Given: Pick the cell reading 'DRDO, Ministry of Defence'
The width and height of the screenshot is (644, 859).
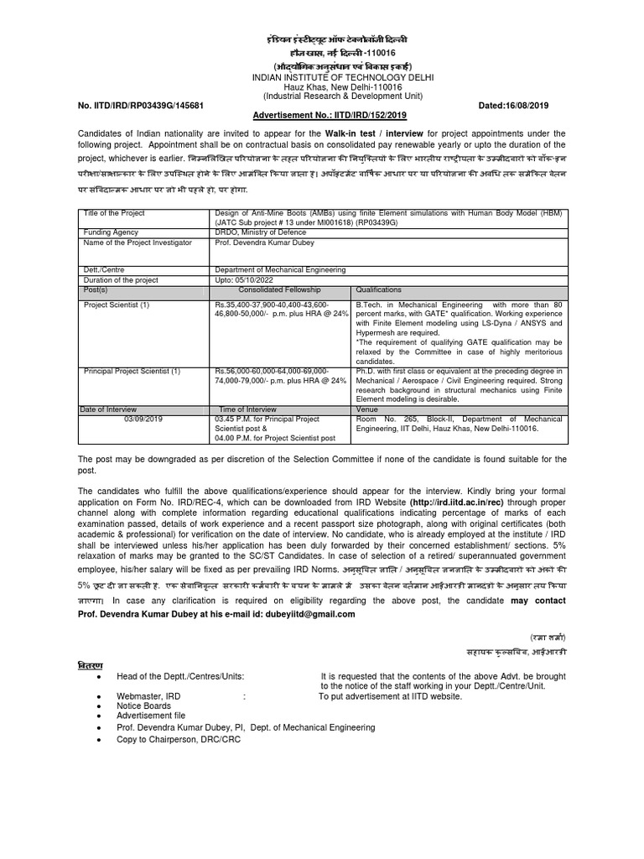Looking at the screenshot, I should coord(262,232).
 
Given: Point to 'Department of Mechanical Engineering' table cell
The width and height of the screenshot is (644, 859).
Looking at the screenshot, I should coord(280,269).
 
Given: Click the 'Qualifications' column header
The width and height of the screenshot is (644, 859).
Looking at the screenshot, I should coord(379,289).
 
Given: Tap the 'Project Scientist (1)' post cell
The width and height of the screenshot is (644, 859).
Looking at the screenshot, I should coord(117,305).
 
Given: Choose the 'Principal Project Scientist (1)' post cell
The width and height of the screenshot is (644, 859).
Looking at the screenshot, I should coord(131,371).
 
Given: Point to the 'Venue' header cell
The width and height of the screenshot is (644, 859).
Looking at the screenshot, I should coord(366,409).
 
